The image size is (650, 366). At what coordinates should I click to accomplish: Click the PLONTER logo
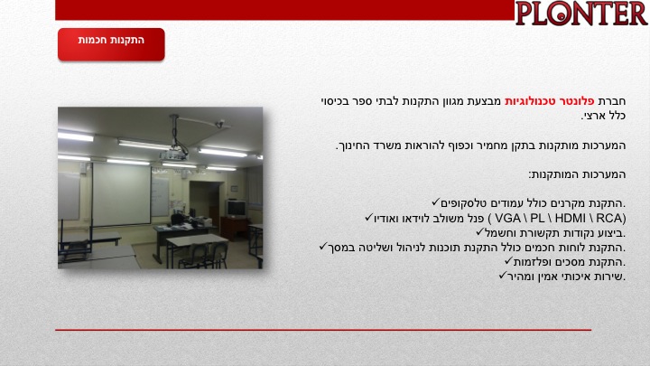coord(581,14)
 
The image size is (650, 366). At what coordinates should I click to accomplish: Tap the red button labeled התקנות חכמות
coord(111,44)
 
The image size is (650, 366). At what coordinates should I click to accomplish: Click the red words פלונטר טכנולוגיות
coord(549,101)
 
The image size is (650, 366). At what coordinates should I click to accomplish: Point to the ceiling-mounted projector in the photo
coord(173,155)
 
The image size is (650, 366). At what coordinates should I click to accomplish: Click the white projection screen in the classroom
coord(121,194)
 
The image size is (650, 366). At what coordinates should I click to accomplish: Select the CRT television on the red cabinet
coord(237,208)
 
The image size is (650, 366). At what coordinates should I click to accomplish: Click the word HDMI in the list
coord(570,219)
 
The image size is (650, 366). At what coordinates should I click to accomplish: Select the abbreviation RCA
coord(609,219)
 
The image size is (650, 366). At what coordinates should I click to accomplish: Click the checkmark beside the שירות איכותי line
coord(503,275)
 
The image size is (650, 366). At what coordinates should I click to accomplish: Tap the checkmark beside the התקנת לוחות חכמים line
coord(323,247)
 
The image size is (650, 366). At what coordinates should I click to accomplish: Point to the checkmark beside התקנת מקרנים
coord(435,202)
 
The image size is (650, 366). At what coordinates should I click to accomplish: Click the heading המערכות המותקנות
coord(577,174)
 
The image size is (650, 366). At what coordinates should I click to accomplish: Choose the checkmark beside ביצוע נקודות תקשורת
coord(480,231)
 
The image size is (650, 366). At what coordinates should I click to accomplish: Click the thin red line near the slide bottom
coord(323,330)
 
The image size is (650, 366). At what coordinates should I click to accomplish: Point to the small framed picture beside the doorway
coord(234,189)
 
